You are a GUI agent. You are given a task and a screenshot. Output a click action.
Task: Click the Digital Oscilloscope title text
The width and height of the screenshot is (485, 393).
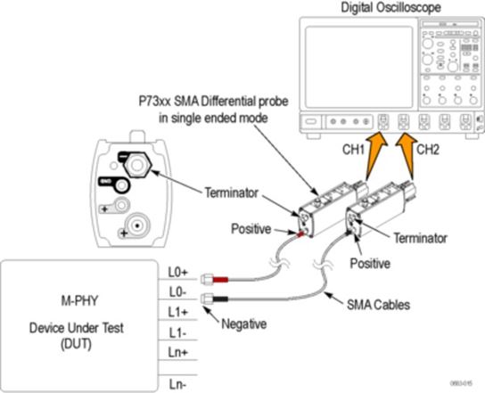pyautogui.click(x=389, y=9)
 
